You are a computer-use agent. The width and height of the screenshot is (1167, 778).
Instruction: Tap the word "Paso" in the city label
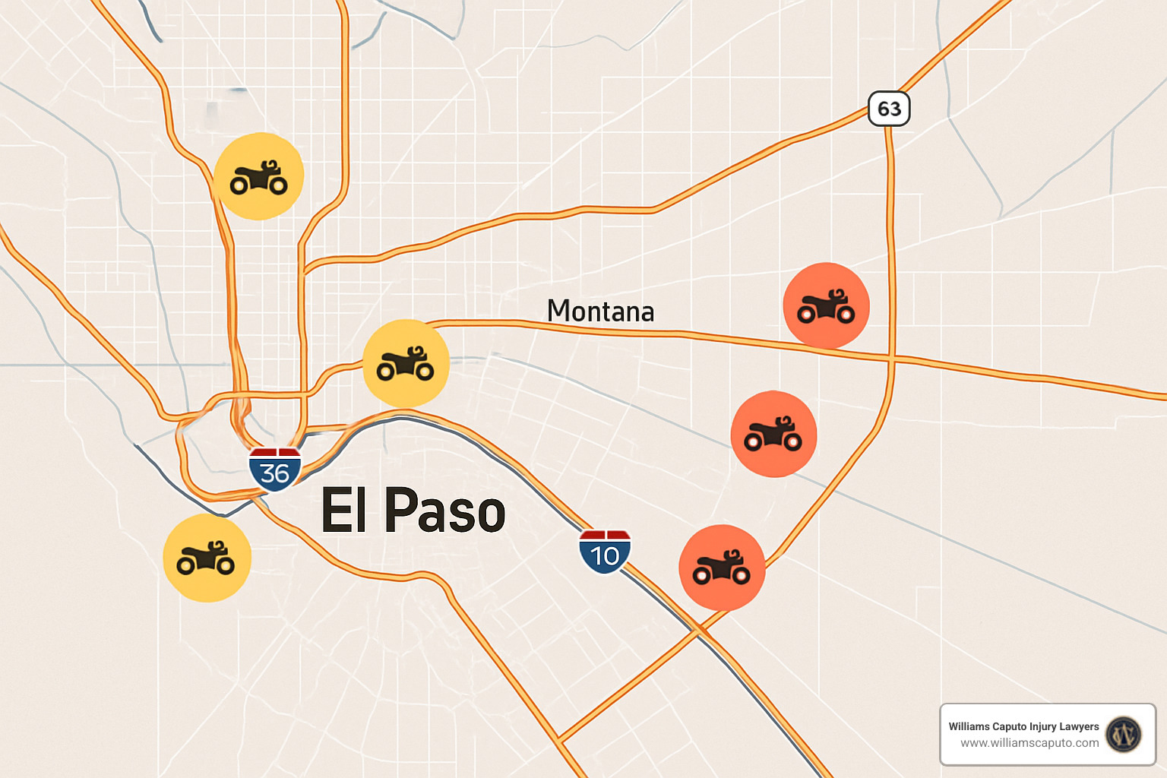point(445,510)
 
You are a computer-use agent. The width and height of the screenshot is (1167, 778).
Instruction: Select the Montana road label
point(600,312)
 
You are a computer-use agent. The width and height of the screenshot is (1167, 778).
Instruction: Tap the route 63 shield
point(889,109)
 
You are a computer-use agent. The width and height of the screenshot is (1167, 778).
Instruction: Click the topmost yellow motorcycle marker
point(259,176)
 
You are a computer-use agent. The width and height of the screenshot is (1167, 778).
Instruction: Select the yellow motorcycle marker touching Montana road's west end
point(406,363)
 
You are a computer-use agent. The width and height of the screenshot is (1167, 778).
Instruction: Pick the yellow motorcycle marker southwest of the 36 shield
point(207,558)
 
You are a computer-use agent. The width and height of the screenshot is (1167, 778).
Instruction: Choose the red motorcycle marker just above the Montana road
point(826,305)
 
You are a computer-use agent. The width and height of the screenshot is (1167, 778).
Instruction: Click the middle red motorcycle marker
point(773,434)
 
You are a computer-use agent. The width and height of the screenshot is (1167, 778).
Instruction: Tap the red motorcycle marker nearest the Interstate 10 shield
point(722,568)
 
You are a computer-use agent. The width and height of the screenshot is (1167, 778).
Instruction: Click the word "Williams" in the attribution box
point(969,726)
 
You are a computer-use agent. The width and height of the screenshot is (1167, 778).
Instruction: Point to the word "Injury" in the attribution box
point(1048,726)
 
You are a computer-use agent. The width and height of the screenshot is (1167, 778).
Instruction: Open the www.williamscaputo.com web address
point(1029,743)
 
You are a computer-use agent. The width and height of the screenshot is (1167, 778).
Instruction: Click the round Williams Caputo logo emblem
point(1124,735)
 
